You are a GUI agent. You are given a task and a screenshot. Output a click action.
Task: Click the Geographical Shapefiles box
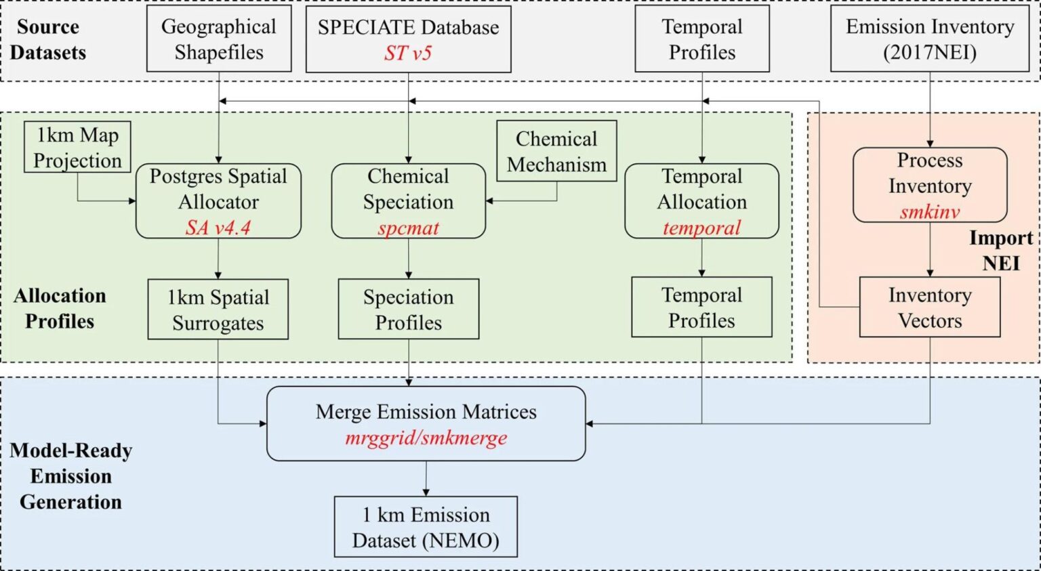pos(219,39)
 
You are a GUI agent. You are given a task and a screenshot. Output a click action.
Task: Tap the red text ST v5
pos(407,53)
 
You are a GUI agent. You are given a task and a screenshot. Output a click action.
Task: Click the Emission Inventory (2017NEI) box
pos(929,39)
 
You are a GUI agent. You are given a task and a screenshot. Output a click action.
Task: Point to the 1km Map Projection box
pos(77,147)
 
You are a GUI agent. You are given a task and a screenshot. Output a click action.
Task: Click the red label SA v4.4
pos(218,227)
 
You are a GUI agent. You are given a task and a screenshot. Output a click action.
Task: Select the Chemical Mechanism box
pos(556,151)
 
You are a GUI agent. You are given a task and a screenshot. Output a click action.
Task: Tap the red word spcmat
pos(408,228)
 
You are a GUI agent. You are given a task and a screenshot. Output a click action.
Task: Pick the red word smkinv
pos(929,211)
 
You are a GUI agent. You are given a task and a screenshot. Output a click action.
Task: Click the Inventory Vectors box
pos(929,308)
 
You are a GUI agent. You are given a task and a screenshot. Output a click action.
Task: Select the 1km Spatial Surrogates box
pos(218,310)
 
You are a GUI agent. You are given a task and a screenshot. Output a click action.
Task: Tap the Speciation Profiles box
pos(408,310)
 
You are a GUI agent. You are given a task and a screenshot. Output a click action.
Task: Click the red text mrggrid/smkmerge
pos(426,438)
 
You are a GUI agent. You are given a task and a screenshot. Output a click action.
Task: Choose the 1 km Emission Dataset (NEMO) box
pos(426,527)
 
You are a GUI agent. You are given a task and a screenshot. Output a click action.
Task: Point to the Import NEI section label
pos(1000,251)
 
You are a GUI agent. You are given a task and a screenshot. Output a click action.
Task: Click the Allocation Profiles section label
pos(60,308)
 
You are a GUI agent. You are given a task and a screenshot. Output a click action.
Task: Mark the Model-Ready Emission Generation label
pos(70,476)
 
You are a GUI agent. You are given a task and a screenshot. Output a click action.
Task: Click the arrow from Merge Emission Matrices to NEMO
pos(426,478)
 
